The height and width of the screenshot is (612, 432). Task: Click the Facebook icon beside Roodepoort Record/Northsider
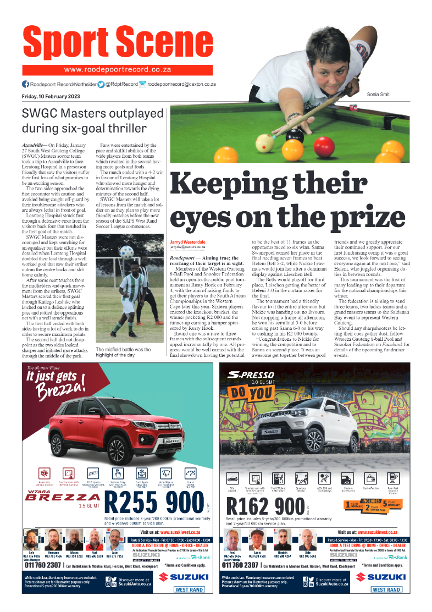(25, 85)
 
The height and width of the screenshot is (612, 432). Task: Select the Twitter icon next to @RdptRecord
(101, 85)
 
